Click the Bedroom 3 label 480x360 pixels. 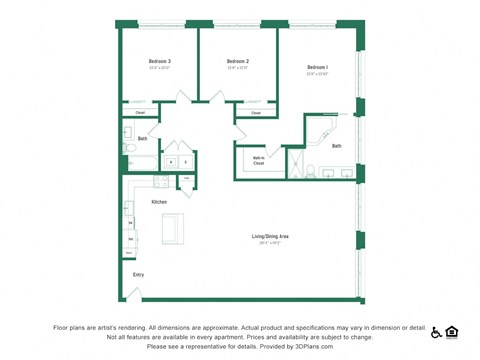coord(160,61)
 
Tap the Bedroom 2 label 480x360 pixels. coord(238,61)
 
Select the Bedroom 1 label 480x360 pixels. coord(318,67)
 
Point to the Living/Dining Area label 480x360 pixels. coord(270,236)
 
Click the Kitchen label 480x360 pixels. coord(159,202)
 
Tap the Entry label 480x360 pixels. coord(138,273)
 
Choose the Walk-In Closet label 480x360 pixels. coord(258,161)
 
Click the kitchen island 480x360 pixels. coord(174,228)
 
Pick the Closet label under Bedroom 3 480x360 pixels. coord(141,113)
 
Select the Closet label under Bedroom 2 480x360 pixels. coord(256,113)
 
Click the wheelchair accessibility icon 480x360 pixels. coord(437,333)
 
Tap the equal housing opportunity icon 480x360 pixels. coord(452,332)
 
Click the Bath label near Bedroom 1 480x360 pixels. coord(337,146)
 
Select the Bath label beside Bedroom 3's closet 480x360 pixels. coord(142,139)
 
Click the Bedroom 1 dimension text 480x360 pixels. coord(318,74)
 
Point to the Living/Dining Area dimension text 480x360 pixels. coord(270,243)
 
